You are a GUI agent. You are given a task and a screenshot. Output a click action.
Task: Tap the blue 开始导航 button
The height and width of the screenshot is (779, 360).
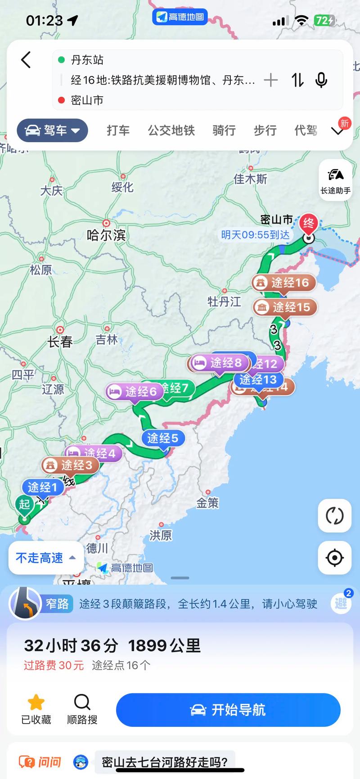228,710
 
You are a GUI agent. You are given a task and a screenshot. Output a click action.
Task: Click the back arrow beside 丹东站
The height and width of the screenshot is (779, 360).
26,59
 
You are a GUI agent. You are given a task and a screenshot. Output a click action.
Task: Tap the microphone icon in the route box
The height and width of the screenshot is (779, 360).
321,80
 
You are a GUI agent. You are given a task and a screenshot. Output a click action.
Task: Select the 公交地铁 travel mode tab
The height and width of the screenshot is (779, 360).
171,131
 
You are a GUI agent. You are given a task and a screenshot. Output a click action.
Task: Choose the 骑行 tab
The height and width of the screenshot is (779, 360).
224,131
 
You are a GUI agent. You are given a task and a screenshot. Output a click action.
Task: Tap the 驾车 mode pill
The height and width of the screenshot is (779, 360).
52,131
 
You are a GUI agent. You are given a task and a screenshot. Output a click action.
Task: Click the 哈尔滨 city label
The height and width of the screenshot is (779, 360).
106,234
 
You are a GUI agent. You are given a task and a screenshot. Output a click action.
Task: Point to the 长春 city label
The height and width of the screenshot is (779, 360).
60,342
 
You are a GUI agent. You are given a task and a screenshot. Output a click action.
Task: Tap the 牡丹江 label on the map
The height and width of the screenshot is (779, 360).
224,302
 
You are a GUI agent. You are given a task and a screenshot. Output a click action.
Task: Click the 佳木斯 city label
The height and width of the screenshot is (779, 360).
250,179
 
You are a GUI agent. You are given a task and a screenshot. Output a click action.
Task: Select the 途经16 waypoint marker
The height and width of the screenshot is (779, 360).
283,283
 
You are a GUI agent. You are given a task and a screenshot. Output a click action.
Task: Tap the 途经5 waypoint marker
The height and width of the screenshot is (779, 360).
162,438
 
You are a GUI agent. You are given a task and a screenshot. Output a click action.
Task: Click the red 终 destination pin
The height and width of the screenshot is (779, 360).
309,223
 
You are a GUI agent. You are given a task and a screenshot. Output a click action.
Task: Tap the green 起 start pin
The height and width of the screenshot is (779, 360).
24,504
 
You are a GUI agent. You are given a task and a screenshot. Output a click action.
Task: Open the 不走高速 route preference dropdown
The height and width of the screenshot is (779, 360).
45,558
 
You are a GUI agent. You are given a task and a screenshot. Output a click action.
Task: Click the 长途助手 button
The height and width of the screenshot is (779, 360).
335,180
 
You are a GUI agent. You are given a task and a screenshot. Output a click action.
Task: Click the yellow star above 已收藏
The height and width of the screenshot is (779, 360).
36,702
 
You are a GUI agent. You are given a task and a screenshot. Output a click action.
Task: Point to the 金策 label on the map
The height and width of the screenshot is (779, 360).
207,503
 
